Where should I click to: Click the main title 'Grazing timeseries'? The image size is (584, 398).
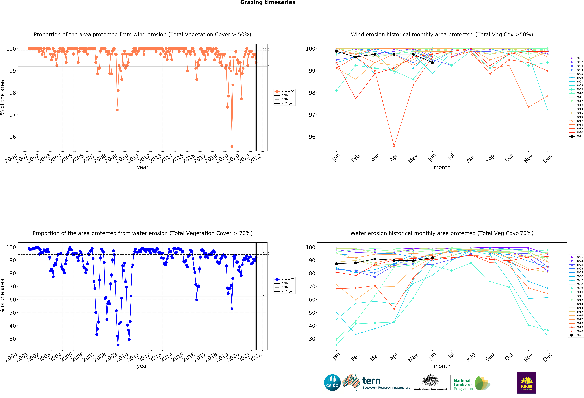[268, 2]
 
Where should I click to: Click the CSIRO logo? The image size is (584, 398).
[332, 383]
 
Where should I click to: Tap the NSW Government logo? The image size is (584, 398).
[526, 382]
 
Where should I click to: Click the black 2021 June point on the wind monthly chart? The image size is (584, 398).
[432, 63]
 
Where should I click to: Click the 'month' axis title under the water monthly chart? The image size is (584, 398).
[442, 366]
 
